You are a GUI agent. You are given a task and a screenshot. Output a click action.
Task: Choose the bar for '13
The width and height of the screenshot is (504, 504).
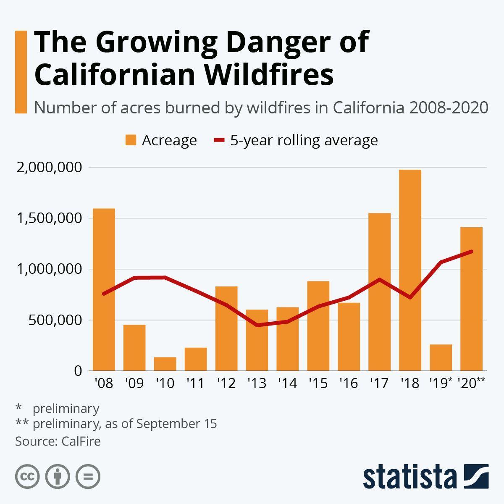[257, 340]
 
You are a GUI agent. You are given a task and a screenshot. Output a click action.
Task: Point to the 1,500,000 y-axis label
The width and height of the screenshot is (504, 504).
[49, 218]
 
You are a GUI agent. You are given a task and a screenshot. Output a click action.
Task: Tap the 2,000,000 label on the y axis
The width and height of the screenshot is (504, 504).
[49, 168]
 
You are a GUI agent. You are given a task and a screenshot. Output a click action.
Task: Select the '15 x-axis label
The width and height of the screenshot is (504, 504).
[318, 383]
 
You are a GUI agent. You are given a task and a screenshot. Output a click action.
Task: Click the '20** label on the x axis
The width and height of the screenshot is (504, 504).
[471, 383]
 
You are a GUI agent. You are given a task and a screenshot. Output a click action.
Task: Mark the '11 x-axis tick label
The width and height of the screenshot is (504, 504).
[195, 383]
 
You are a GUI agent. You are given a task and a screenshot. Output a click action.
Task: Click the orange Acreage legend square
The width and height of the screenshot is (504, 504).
[131, 140]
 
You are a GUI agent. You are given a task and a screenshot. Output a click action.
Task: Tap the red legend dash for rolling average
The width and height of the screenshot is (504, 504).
[220, 140]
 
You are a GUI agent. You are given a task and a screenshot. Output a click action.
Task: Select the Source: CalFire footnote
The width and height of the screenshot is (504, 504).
[58, 441]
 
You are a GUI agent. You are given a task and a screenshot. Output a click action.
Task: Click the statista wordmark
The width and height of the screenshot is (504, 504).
[409, 477]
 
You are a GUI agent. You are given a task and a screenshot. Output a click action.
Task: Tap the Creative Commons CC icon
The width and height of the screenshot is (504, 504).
[27, 477]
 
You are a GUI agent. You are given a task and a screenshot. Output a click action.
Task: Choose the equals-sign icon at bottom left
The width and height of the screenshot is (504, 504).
[88, 477]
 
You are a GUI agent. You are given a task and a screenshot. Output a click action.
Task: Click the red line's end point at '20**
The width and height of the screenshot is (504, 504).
[471, 252]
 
